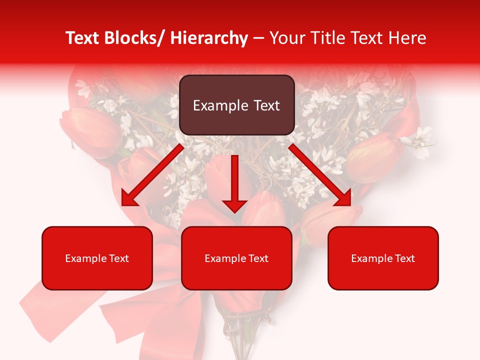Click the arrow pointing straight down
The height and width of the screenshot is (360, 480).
234,183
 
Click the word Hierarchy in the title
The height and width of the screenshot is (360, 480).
209,38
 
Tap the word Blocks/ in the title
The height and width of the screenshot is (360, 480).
133,38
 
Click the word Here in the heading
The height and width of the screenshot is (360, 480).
407,38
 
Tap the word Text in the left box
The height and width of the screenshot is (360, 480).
118,258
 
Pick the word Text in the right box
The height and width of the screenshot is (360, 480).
404,258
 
